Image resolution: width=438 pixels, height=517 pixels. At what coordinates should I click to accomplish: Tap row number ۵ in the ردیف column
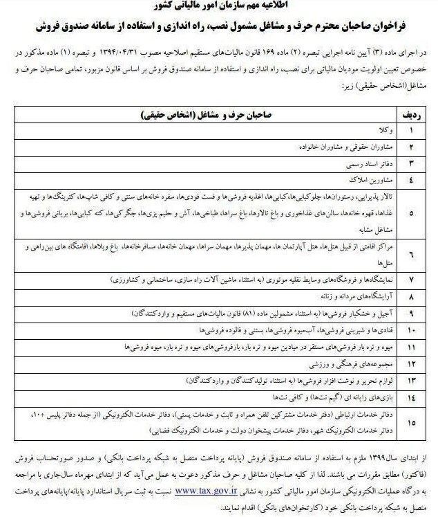411,213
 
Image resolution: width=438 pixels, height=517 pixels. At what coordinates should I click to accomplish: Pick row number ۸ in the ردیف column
411,296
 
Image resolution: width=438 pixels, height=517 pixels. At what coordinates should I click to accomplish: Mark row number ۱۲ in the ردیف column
411,362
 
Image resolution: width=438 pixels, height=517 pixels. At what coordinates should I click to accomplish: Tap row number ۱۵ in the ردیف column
411,421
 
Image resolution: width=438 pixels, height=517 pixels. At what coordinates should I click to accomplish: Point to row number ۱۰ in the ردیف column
411,329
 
